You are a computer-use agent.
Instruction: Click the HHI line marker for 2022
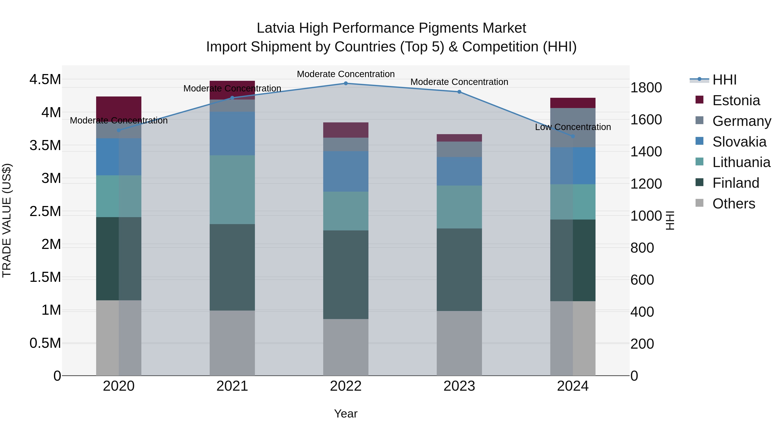click(346, 83)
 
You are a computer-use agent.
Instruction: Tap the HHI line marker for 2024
click(573, 136)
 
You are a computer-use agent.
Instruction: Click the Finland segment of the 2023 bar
click(459, 269)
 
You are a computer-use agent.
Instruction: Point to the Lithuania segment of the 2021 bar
click(232, 190)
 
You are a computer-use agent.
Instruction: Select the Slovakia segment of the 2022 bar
click(346, 171)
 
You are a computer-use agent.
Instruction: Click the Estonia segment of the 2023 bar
click(459, 138)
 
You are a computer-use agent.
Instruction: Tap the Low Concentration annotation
click(573, 127)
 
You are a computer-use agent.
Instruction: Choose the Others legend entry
click(733, 204)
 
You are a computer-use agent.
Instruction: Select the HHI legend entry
click(724, 80)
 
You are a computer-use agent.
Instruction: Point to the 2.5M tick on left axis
click(45, 211)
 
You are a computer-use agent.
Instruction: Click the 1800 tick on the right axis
click(646, 88)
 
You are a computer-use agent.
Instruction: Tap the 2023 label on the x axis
click(459, 386)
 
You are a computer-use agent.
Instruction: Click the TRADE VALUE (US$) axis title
click(7, 220)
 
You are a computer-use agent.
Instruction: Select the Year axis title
click(346, 414)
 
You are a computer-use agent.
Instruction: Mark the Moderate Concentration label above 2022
click(346, 74)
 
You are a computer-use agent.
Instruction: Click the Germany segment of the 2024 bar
click(573, 128)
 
